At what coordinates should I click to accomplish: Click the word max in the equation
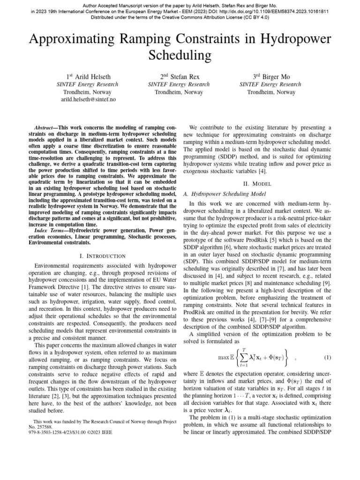click(x=224, y=358)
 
